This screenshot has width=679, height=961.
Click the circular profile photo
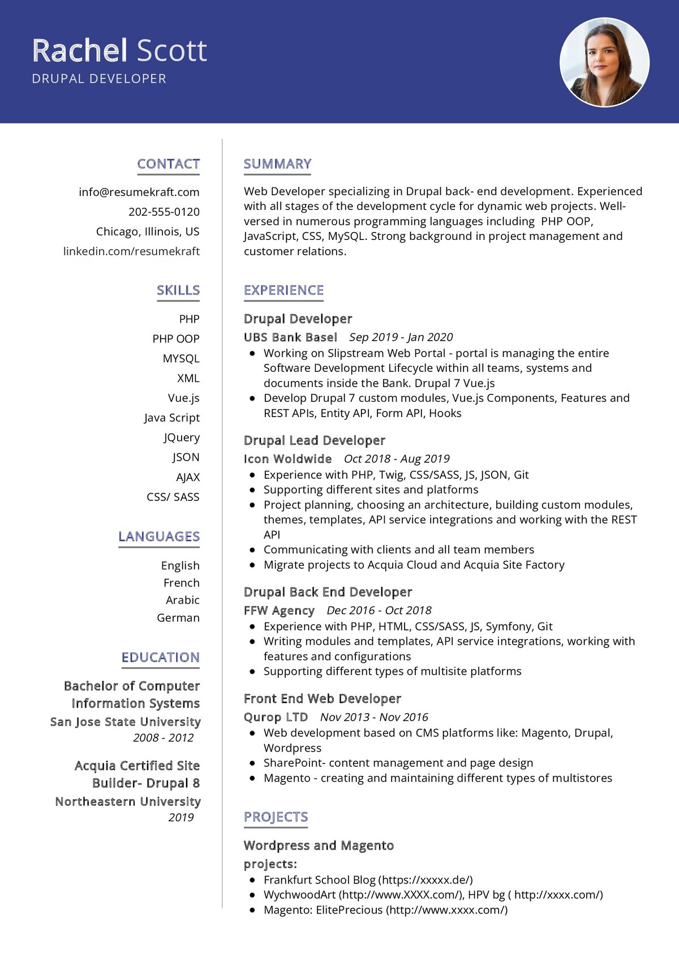point(604,62)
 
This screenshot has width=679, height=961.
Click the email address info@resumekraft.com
point(139,192)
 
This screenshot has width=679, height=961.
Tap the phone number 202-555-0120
point(164,212)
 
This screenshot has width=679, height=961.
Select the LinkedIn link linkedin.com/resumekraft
point(131,251)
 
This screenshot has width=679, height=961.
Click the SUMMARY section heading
point(277,164)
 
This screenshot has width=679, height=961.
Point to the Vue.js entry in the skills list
point(184,398)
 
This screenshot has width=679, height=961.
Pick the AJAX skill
point(188,477)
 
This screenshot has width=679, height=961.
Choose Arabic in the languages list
point(183,600)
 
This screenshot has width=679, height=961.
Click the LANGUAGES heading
point(159,537)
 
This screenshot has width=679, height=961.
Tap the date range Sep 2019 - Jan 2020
point(401,337)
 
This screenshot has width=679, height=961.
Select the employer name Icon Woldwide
point(287,459)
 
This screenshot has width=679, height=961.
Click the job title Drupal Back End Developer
point(328,592)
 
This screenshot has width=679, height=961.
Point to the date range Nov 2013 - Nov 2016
point(374,717)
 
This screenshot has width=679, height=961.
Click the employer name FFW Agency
point(279,611)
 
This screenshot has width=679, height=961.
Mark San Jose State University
point(125,722)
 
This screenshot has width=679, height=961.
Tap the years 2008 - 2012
point(164,737)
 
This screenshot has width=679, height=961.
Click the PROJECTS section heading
point(276,817)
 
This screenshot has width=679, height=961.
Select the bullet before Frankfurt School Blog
point(252,880)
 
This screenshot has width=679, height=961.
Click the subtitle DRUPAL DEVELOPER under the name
point(99,79)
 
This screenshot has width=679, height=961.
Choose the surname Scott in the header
point(172,50)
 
